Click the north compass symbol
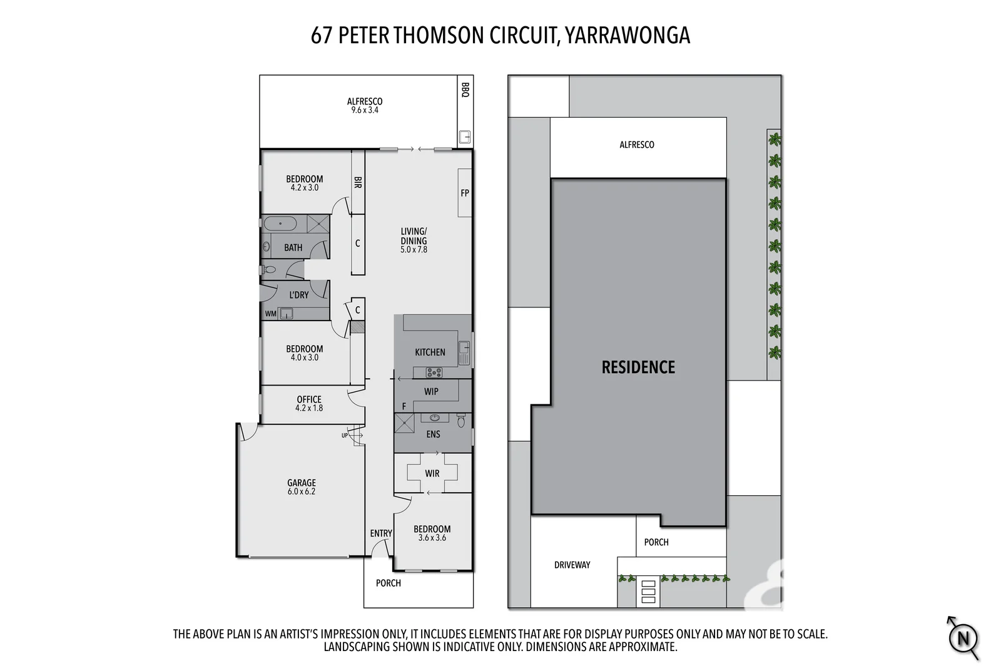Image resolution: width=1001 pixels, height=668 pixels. click(x=963, y=639)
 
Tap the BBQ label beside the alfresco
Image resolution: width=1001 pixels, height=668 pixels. click(x=465, y=90)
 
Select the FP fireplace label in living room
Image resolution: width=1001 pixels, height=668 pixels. click(x=465, y=193)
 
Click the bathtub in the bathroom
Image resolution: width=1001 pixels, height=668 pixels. click(x=280, y=224)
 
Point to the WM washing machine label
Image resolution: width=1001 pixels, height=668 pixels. click(x=270, y=314)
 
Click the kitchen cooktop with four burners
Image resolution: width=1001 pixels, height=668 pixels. click(x=434, y=373)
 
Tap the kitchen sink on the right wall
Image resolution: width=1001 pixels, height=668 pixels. click(x=464, y=352)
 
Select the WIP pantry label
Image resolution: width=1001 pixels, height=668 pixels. click(x=431, y=392)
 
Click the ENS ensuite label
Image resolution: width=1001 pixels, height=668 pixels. click(x=433, y=434)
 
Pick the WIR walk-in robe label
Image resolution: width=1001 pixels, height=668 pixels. click(x=432, y=473)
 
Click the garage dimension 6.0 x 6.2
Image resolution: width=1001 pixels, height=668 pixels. click(x=302, y=491)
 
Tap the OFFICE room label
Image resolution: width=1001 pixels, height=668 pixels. click(x=309, y=399)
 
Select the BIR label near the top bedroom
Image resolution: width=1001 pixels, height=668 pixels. click(x=358, y=182)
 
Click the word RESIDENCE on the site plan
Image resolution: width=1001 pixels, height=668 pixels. click(x=638, y=367)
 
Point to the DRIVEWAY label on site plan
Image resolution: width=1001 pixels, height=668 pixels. click(x=572, y=565)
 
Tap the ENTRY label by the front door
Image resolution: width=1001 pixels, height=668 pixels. click(x=380, y=533)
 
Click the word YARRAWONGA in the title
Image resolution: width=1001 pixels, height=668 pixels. click(x=627, y=36)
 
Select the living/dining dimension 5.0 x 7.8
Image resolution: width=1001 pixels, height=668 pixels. click(x=414, y=249)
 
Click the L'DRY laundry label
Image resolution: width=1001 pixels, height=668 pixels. click(x=298, y=295)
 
